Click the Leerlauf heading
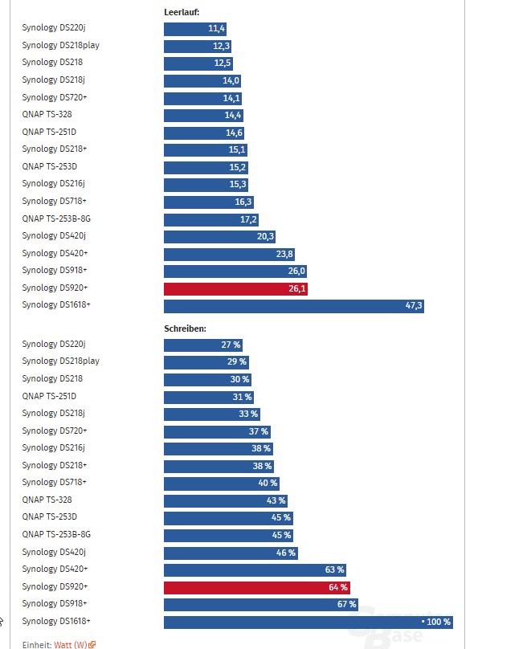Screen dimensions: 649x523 point(182,12)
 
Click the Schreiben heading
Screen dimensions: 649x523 point(185,329)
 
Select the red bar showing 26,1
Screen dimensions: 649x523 point(236,289)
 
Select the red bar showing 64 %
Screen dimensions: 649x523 point(256,587)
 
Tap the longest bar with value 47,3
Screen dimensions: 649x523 point(293,306)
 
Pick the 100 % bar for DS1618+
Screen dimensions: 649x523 point(308,622)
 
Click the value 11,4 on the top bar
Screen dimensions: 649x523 point(216,29)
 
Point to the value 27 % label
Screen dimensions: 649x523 point(231,345)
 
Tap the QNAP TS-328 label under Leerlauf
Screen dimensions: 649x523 point(47,114)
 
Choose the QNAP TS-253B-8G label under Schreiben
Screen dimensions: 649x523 point(56,534)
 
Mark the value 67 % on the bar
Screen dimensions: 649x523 point(346,604)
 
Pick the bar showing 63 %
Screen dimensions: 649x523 point(255,569)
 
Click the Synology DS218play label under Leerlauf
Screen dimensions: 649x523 point(61,45)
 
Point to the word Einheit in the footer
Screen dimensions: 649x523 point(36,644)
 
